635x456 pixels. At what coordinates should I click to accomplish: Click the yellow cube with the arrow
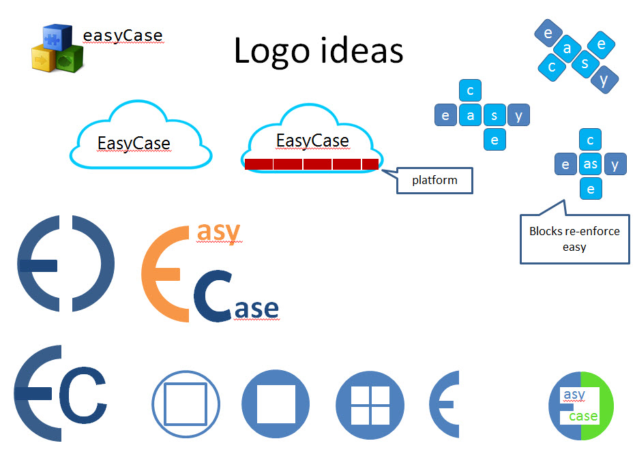[44, 59]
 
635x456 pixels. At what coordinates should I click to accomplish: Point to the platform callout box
[434, 181]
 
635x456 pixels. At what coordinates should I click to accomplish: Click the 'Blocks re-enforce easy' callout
[574, 239]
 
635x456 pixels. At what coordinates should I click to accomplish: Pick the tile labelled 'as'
[591, 164]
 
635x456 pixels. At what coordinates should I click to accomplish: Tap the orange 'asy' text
[218, 232]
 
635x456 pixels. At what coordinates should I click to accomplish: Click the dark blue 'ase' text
[256, 309]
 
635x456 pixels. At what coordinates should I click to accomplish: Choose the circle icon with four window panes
[370, 405]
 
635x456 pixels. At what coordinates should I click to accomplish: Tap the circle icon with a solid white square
[276, 405]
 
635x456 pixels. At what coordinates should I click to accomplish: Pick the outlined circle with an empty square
[186, 405]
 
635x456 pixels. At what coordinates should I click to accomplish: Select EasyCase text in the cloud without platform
[133, 144]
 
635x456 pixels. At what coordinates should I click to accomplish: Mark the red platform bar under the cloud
[311, 164]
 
